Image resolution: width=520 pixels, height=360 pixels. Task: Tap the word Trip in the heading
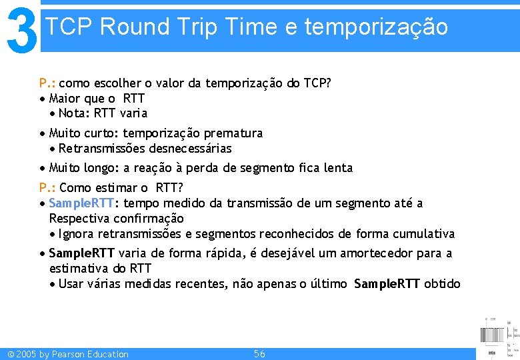click(x=199, y=27)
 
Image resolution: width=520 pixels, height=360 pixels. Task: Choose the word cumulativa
click(x=425, y=234)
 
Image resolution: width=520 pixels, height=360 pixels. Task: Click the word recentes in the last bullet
click(x=203, y=284)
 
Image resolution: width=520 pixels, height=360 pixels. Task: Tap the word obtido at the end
click(x=442, y=284)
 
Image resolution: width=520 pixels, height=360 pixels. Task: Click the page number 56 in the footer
click(x=259, y=354)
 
